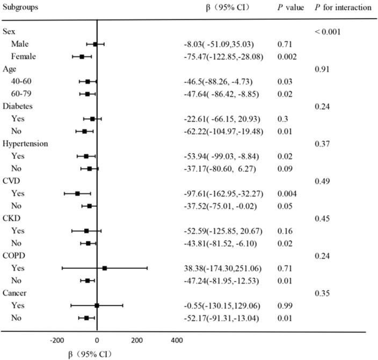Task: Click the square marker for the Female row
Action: coord(82,56)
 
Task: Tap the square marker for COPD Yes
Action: coord(105,268)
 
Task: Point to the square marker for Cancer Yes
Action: coord(97,305)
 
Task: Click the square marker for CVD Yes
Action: coord(77,193)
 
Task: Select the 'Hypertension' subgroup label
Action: coord(25,144)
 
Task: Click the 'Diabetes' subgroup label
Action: coord(18,106)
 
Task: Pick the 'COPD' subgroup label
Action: coord(14,256)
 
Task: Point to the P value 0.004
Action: coord(288,193)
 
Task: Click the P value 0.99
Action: coord(285,306)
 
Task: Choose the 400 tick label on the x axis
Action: coord(176,340)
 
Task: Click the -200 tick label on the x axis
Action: coord(57,340)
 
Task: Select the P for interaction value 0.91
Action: coord(322,69)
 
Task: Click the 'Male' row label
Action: coord(22,44)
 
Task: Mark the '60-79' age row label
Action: coord(22,94)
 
